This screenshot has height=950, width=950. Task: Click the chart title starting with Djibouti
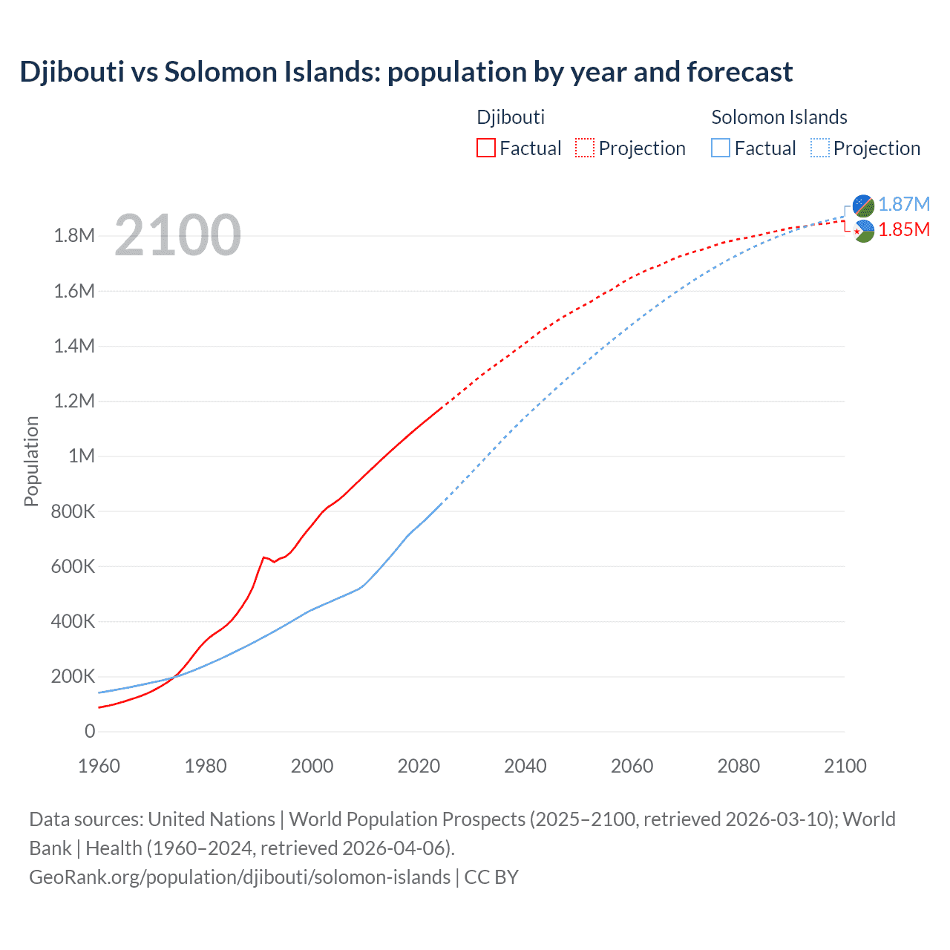(x=406, y=72)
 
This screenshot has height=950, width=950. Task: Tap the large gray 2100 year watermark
(x=177, y=235)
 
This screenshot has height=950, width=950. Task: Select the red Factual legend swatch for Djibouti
(x=485, y=148)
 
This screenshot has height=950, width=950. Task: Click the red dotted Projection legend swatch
(x=585, y=148)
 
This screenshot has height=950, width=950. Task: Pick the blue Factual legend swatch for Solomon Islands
(x=721, y=148)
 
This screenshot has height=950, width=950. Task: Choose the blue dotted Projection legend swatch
(x=819, y=148)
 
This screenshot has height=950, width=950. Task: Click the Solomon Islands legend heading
(x=779, y=117)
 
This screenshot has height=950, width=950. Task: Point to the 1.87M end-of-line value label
(x=903, y=204)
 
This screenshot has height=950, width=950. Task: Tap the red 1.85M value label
(x=903, y=230)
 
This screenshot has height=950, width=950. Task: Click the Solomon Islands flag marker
(x=863, y=206)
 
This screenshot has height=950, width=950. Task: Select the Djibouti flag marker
(x=863, y=232)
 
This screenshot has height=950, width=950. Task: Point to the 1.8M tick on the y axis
(x=74, y=236)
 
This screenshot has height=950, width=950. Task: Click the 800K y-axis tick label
(x=73, y=511)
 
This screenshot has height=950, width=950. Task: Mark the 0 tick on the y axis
(x=90, y=732)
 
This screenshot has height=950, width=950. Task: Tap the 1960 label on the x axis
(x=99, y=766)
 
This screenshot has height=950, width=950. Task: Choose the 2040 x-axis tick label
(x=525, y=766)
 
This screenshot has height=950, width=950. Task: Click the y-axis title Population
(x=31, y=461)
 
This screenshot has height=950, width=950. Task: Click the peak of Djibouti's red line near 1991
(x=263, y=557)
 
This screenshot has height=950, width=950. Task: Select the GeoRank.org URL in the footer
(x=240, y=877)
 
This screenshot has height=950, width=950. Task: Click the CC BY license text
(x=491, y=877)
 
